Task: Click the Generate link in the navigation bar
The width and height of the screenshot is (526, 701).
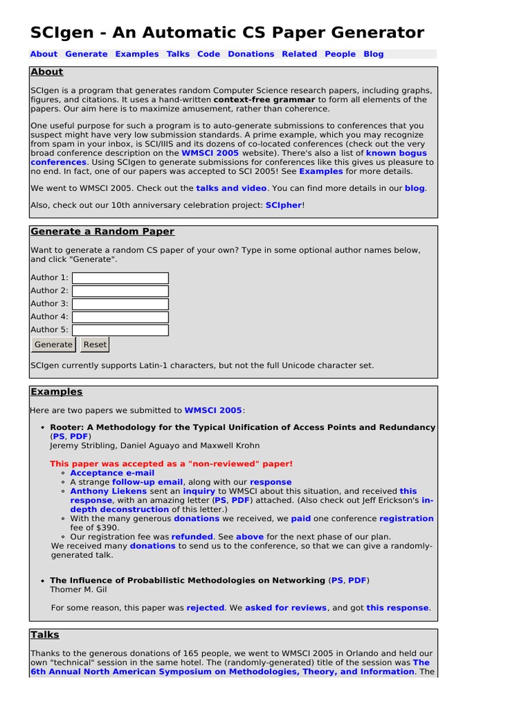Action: (x=86, y=54)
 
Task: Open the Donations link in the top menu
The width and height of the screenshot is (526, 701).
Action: (x=251, y=54)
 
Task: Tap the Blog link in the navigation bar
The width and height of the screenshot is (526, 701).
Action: (x=373, y=54)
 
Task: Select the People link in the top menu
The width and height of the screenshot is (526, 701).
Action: (x=340, y=54)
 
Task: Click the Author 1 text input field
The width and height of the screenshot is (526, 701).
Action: (x=121, y=278)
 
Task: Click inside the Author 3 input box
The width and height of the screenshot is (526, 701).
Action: (x=121, y=304)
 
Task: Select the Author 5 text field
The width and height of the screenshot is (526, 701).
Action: (x=121, y=330)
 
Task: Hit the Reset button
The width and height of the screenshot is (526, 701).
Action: (x=95, y=345)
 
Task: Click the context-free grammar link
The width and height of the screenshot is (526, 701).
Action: (x=264, y=100)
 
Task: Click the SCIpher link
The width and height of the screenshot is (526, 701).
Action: (x=283, y=205)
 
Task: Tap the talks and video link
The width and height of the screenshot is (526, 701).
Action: (x=231, y=188)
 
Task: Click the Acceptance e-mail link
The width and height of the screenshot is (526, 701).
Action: (x=112, y=473)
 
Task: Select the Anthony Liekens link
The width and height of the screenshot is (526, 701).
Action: (x=108, y=492)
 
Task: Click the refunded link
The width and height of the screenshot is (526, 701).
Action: (x=192, y=537)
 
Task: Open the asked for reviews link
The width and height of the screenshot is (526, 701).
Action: (x=286, y=608)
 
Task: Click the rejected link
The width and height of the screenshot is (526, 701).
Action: (x=205, y=608)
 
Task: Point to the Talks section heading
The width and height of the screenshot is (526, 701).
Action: (x=45, y=635)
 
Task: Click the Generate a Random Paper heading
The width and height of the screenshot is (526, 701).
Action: (x=103, y=231)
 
